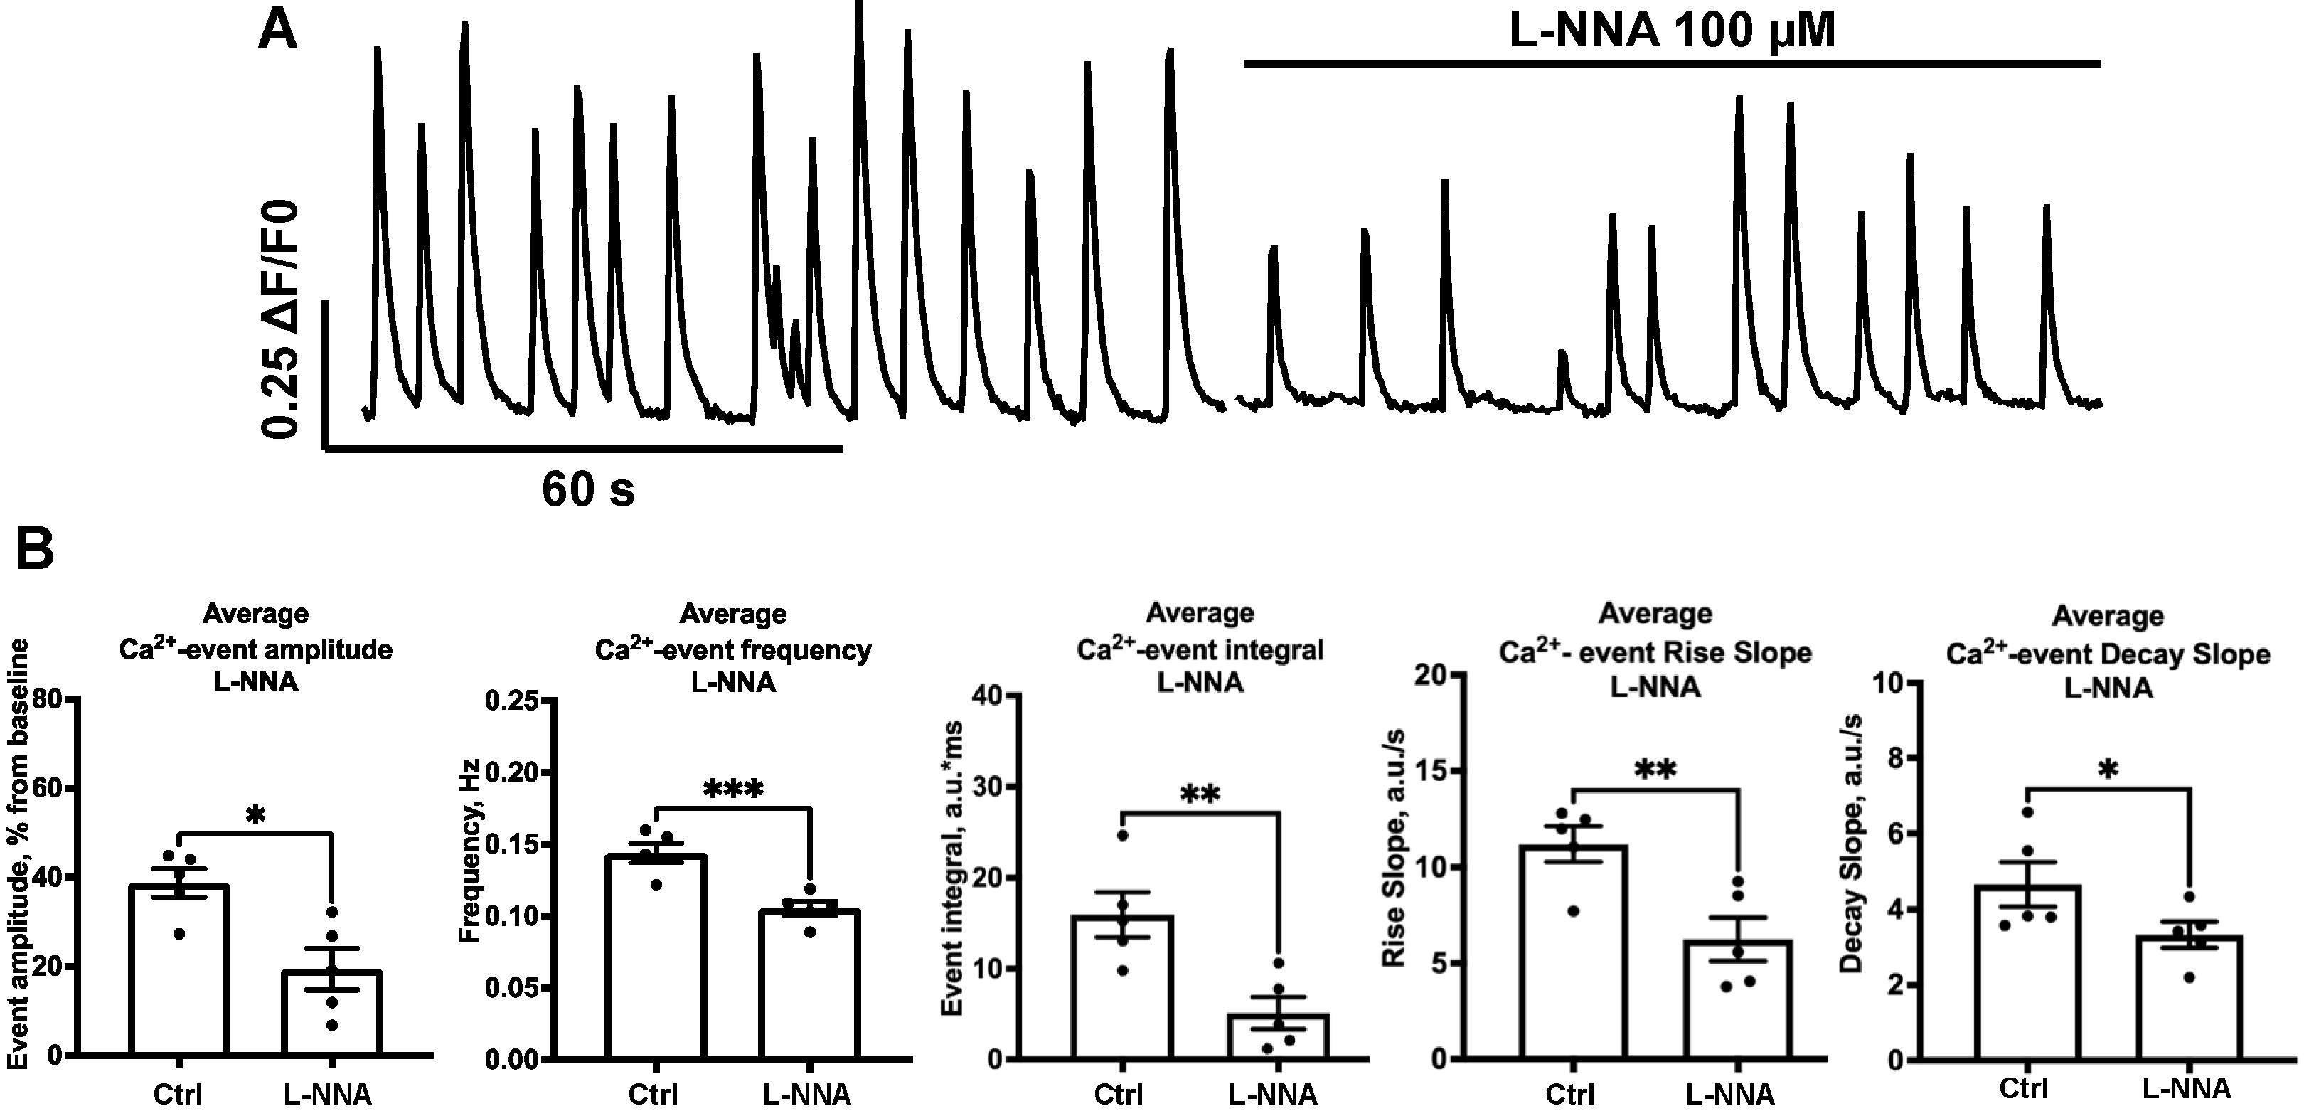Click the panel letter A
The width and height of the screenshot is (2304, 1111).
(277, 33)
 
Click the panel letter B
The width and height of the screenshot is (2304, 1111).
(36, 550)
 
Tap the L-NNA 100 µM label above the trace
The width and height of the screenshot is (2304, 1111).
(1672, 32)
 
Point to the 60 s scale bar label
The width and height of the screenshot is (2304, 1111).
(587, 489)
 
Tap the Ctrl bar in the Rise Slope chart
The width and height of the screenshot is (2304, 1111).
(1572, 952)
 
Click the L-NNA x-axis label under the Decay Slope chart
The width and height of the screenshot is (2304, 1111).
(2190, 1089)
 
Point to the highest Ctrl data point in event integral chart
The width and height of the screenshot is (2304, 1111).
(1122, 834)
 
